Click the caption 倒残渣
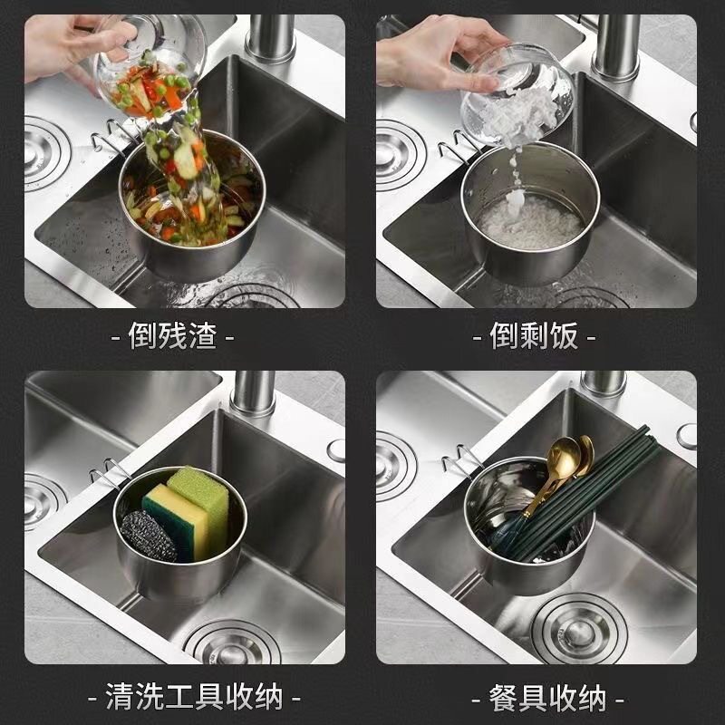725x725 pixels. point(172,337)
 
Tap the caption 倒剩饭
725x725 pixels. point(534,337)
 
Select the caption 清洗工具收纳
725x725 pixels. point(194,697)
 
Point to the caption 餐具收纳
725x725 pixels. point(547,697)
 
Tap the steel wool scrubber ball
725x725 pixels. point(150,536)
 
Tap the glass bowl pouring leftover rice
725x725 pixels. point(517,91)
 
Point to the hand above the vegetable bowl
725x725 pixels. point(68,45)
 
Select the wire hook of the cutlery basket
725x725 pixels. point(459,457)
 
